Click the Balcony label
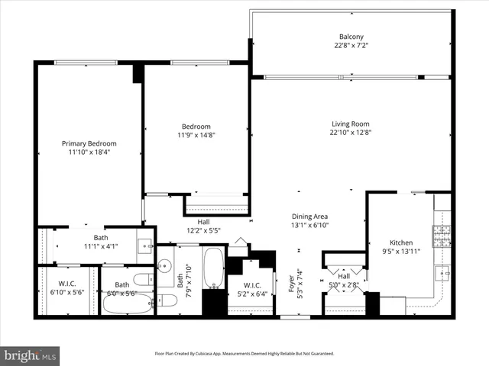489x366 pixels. click(x=351, y=37)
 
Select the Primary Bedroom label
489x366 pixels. click(x=89, y=143)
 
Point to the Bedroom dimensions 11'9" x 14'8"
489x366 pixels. click(x=196, y=135)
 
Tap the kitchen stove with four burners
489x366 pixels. click(x=442, y=235)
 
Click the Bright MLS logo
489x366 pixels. click(x=31, y=355)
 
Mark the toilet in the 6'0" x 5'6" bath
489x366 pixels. click(x=142, y=279)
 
